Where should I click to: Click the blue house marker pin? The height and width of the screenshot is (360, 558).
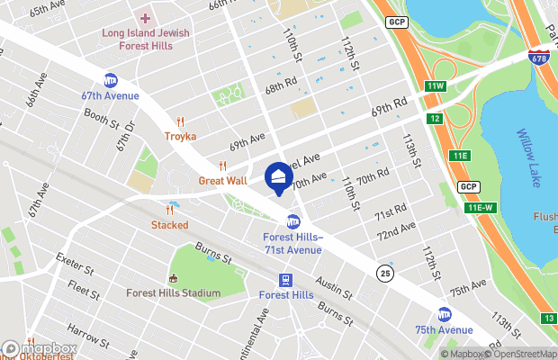[x=278, y=177]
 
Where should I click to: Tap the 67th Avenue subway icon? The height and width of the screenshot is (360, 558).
[x=111, y=80]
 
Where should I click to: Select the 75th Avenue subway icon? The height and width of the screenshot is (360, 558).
[x=444, y=315]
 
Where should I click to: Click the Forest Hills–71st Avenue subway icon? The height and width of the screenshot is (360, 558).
[x=292, y=221]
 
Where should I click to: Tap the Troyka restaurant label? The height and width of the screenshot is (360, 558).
[x=180, y=137]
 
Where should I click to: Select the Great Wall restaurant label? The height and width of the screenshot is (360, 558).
[x=222, y=180]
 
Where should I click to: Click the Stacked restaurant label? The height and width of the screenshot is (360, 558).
[x=169, y=224]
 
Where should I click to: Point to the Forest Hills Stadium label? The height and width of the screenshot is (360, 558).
[x=174, y=293]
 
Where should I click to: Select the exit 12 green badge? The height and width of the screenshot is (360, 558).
[x=435, y=119]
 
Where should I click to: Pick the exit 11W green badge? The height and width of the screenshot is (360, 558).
[x=436, y=85]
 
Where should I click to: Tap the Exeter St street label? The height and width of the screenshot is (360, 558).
[x=75, y=268]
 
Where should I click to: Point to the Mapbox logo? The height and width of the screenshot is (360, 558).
[x=40, y=348]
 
